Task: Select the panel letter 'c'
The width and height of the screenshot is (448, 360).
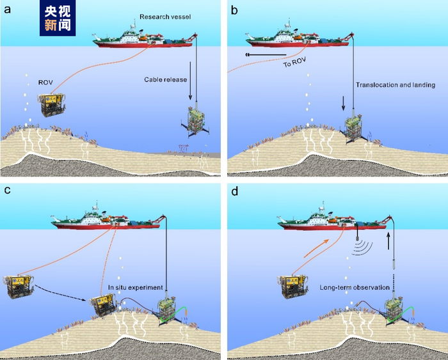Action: click(8, 191)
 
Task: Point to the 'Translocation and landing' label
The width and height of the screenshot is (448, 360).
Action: click(396, 84)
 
